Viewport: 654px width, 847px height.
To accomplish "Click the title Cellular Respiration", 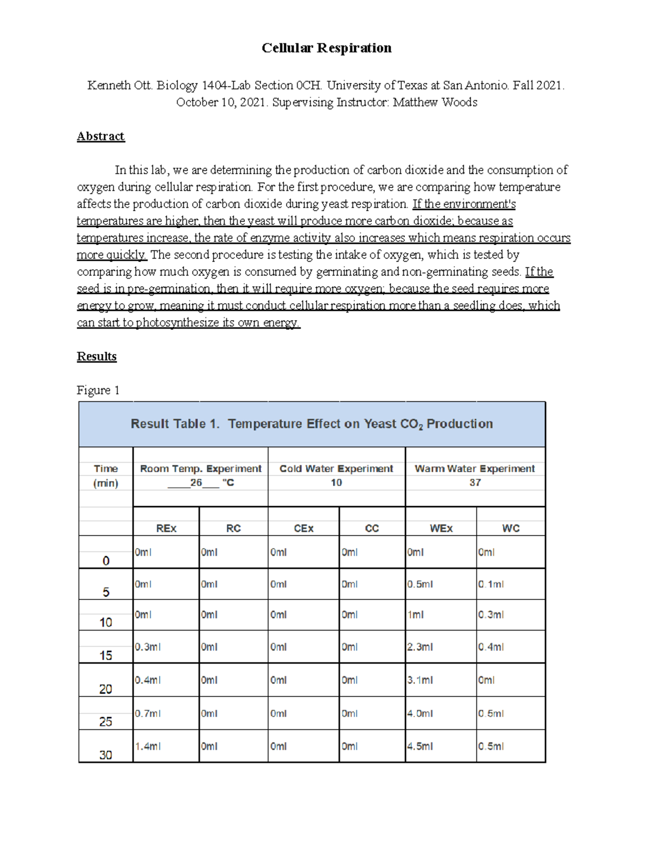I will [x=326, y=48].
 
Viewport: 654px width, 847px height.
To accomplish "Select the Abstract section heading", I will [x=101, y=136].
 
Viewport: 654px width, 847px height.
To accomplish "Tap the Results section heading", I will [x=96, y=357].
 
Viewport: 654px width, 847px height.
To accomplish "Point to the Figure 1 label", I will [x=98, y=391].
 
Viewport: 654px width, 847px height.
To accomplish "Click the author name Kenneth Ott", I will [x=120, y=86].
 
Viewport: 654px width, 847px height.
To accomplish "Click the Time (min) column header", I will [x=106, y=476].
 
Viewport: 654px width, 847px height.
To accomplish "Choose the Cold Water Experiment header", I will [x=336, y=468].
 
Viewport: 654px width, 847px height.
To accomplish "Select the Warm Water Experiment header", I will [x=475, y=468].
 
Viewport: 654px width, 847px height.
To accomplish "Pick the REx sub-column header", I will [x=166, y=528].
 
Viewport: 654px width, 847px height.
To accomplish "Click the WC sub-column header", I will [x=511, y=528].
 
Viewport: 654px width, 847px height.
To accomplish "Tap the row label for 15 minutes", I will [x=106, y=655].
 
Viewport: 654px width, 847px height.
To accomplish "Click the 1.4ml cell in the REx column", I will [x=148, y=747].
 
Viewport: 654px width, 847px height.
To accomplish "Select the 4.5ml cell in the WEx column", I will [x=420, y=747].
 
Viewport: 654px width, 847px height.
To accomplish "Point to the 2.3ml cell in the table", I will [x=420, y=647].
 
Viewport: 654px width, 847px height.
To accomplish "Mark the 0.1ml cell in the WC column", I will [x=491, y=585].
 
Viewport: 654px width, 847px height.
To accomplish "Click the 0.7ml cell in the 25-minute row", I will [x=148, y=713].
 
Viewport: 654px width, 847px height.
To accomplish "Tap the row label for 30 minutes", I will [x=106, y=755].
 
